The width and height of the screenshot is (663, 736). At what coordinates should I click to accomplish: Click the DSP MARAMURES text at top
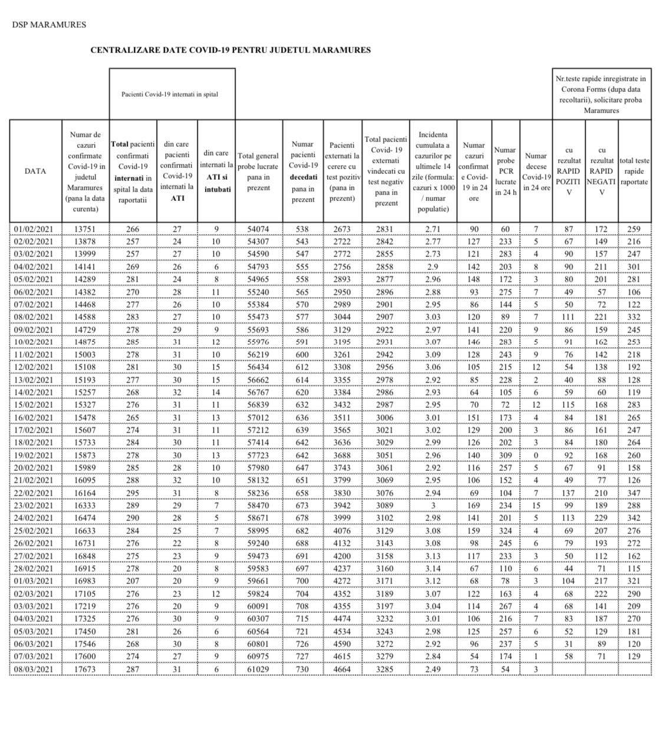49,25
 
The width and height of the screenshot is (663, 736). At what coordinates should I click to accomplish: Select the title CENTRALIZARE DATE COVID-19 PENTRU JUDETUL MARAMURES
230,50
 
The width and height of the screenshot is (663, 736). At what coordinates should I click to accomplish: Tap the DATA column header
35,171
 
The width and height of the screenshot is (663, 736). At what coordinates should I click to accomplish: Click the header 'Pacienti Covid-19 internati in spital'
170,94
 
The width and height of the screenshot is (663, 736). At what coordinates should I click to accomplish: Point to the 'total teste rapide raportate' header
635,171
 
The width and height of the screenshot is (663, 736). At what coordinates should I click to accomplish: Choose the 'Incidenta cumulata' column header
433,171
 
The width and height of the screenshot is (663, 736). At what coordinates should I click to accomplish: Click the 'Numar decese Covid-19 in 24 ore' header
536,171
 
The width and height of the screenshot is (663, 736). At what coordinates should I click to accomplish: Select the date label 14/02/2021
34,392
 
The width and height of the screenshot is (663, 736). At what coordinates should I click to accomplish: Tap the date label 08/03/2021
34,669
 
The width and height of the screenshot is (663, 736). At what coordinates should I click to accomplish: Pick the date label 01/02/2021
34,229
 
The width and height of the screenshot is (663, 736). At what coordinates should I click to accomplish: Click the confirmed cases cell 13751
84,229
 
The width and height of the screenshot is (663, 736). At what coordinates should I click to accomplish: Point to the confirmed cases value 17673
84,669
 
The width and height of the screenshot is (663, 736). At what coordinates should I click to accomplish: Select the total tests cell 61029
259,669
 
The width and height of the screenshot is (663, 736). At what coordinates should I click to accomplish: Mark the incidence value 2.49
433,669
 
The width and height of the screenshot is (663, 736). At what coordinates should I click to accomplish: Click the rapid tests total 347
634,493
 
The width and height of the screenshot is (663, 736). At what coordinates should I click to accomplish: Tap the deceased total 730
303,669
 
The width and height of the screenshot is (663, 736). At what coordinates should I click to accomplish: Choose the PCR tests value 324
505,530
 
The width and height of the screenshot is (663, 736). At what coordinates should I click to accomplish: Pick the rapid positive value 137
569,493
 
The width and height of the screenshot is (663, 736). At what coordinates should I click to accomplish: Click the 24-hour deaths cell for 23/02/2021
536,506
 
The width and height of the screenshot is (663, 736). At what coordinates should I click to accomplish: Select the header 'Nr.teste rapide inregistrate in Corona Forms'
602,94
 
